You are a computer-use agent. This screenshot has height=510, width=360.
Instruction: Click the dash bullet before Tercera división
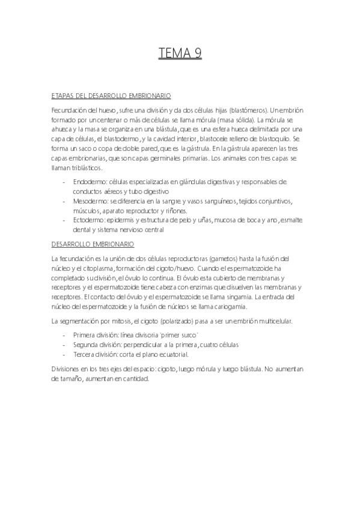coord(64,354)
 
